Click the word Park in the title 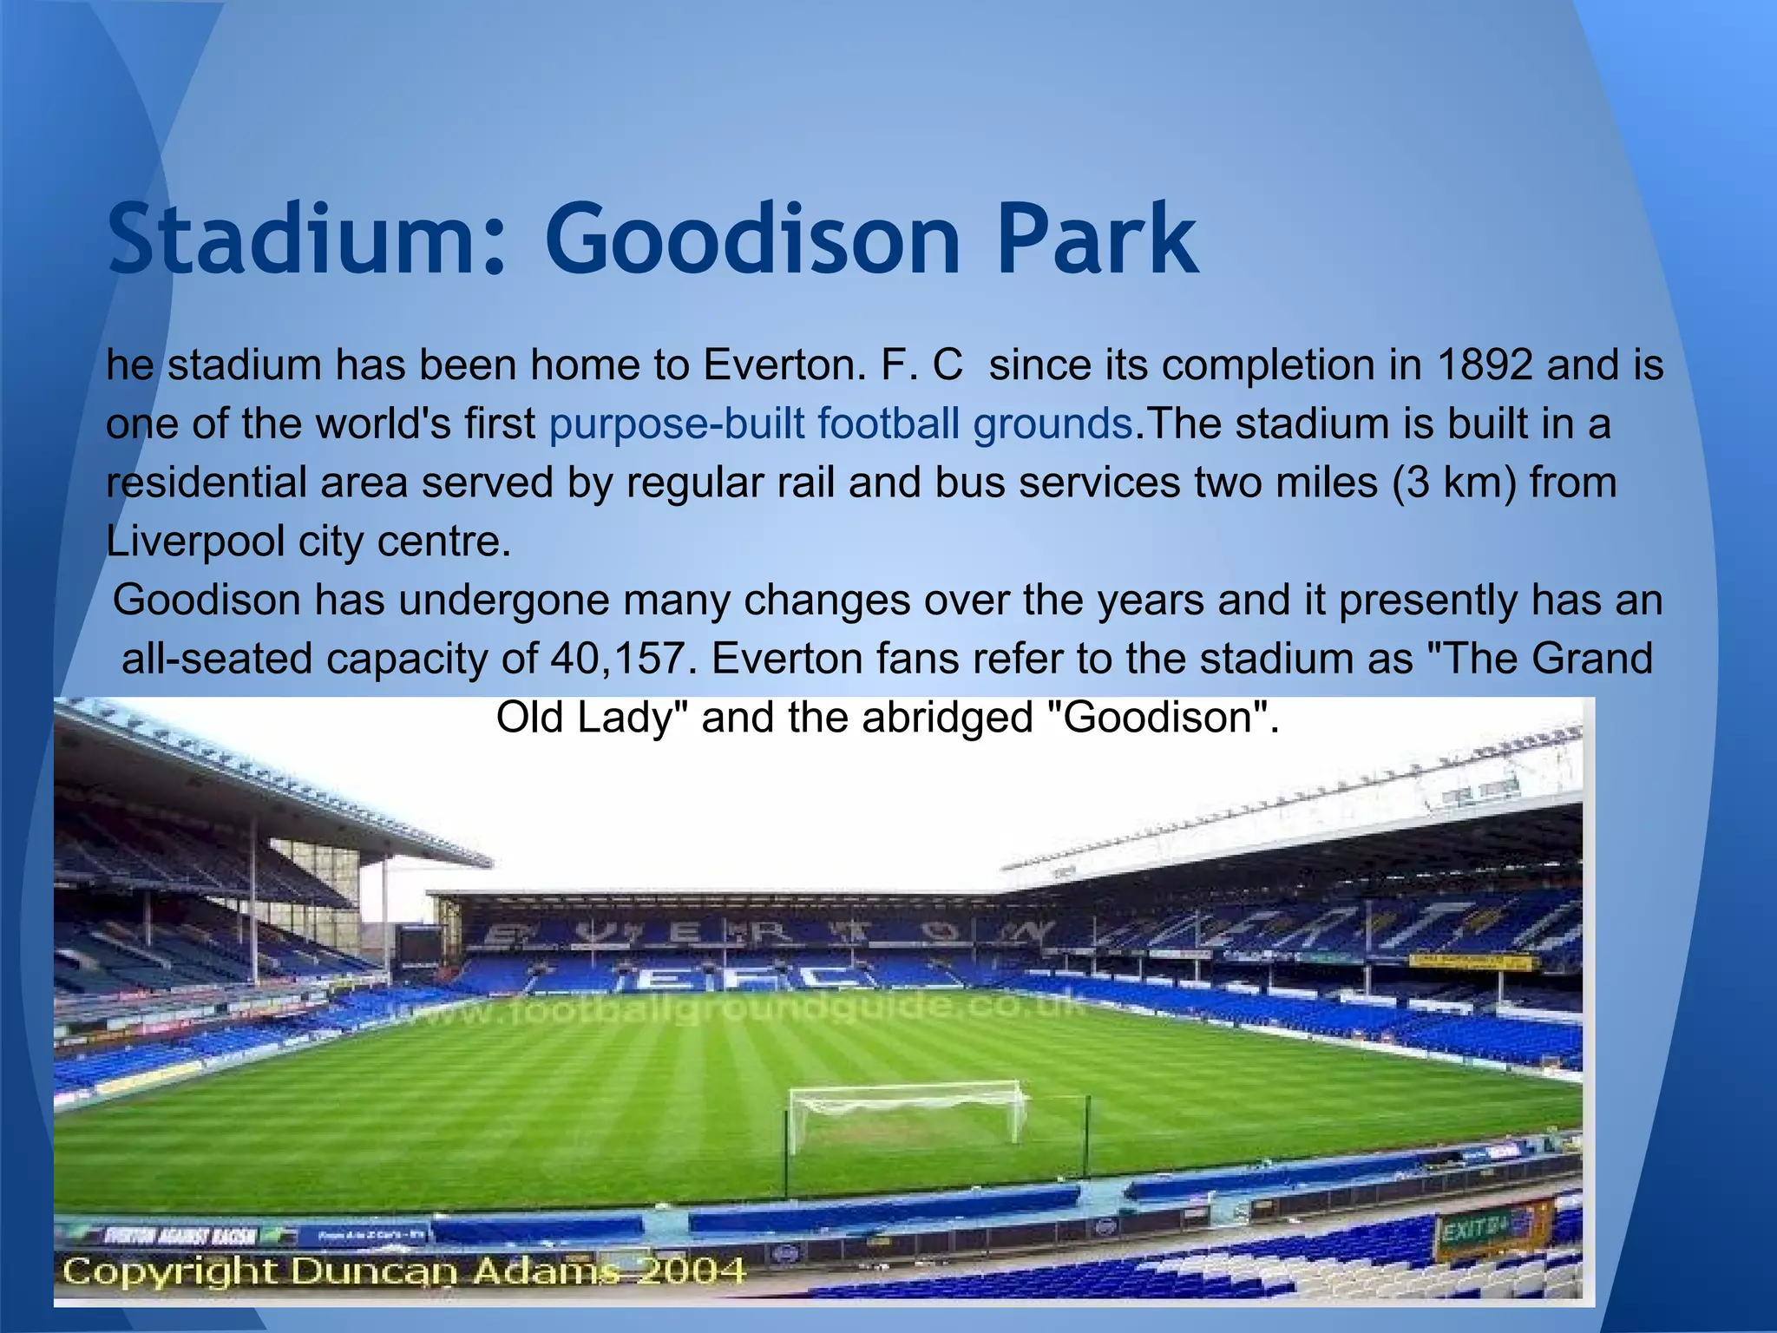point(1097,238)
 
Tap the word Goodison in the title point(751,238)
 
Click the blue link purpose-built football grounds point(840,424)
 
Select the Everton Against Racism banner point(182,1235)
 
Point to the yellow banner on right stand point(1470,962)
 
